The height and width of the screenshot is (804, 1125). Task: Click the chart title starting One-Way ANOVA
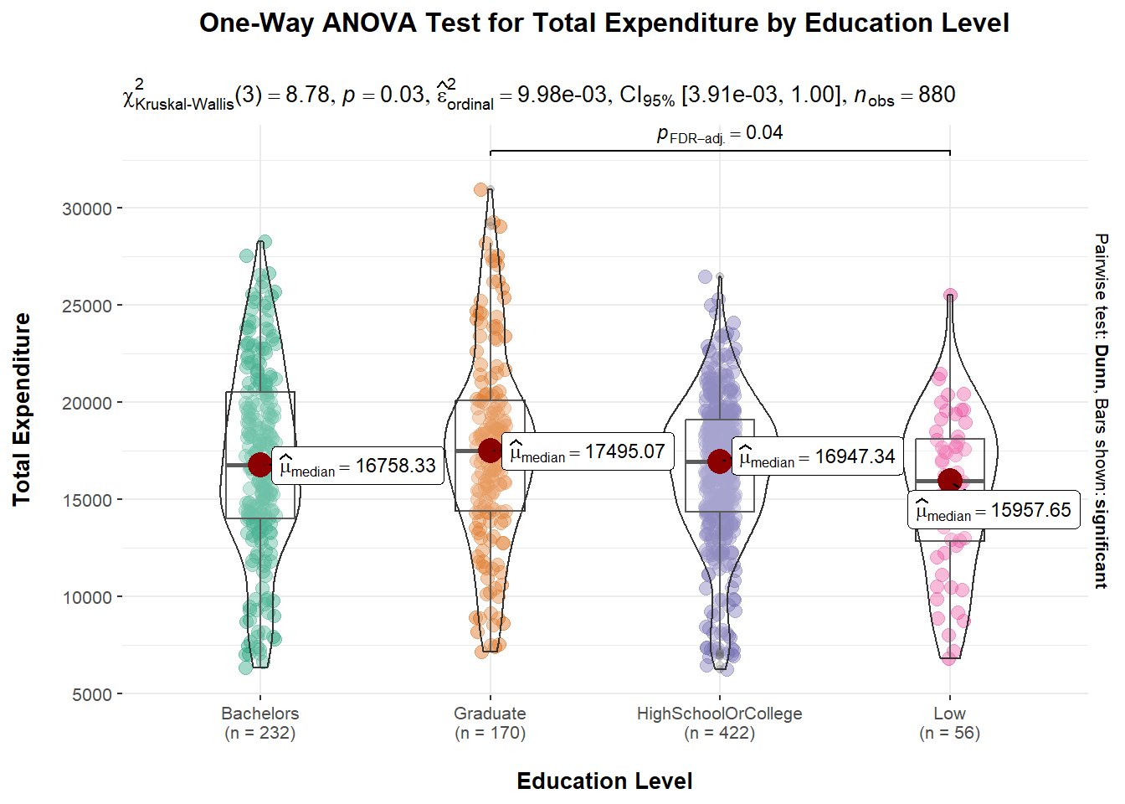point(604,23)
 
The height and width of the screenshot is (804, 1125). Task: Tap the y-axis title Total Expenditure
point(22,410)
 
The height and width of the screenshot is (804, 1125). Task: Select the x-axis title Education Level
point(604,781)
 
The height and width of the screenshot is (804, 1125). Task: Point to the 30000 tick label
point(87,209)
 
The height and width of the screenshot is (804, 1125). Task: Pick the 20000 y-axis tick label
point(87,403)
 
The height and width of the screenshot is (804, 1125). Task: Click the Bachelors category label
point(259,714)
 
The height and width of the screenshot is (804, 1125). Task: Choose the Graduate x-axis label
point(490,714)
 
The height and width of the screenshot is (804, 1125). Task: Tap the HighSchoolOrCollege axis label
point(719,714)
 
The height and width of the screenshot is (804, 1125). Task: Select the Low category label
point(949,714)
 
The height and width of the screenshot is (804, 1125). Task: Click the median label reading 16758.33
point(357,466)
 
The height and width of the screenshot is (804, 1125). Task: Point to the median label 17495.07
point(588,452)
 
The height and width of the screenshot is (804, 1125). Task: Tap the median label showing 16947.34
point(817,456)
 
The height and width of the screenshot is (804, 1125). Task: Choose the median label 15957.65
point(994,510)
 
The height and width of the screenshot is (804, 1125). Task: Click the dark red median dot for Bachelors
point(260,465)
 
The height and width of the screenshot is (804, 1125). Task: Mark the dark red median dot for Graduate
point(491,451)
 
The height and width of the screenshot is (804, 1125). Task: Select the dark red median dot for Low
point(950,481)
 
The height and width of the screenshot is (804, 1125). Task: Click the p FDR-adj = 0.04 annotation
point(720,133)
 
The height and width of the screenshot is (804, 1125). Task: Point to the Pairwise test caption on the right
point(1102,410)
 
